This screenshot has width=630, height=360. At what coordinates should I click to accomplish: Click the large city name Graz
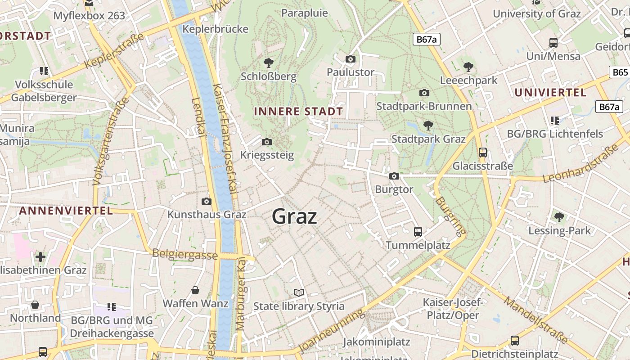[x=295, y=216]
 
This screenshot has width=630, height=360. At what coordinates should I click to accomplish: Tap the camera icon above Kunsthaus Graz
[x=207, y=201]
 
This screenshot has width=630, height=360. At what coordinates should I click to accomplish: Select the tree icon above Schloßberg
[x=269, y=63]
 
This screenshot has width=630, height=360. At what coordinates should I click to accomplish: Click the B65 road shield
[x=620, y=72]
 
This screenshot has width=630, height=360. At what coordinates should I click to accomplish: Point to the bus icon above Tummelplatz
[x=418, y=232]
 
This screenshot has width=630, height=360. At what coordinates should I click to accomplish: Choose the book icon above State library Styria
[x=299, y=292]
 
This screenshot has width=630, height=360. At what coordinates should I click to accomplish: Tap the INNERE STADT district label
[x=298, y=111]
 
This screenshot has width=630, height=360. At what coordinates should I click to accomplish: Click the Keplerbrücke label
[x=216, y=29]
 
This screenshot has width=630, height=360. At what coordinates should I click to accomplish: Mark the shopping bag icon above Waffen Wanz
[x=195, y=290]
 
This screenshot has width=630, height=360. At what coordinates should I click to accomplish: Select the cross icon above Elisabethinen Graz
[x=40, y=257]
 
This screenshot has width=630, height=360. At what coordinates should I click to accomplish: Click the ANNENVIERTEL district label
[x=66, y=211]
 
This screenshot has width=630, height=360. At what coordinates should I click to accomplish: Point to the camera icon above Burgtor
[x=394, y=176]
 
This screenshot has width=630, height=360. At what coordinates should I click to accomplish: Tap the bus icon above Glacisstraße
[x=483, y=153]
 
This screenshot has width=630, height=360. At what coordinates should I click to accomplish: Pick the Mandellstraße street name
[x=535, y=319]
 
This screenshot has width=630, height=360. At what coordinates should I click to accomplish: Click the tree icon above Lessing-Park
[x=559, y=217]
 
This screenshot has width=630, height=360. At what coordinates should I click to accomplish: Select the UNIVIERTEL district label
[x=550, y=93]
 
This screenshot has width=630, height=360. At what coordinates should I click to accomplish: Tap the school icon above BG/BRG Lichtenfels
[x=555, y=121]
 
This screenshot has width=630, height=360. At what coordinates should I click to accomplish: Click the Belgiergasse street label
[x=185, y=254]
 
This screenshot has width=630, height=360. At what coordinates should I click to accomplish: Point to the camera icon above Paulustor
[x=351, y=59]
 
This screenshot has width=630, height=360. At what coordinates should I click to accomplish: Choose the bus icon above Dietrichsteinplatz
[x=515, y=341]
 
